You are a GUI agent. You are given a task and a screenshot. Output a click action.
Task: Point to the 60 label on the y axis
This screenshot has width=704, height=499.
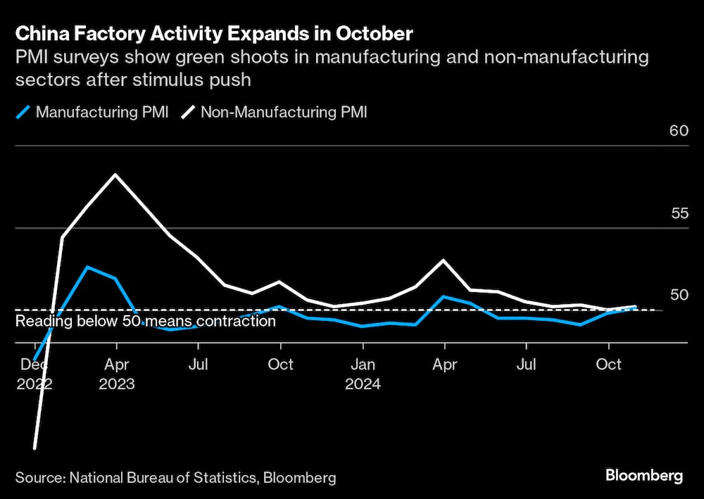[678, 131]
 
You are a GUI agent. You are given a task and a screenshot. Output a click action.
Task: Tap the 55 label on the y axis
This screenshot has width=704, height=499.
[678, 213]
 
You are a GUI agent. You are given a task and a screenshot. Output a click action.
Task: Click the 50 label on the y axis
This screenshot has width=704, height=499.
[678, 295]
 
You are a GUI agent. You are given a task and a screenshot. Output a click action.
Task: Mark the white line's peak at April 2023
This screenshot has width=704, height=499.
[115, 175]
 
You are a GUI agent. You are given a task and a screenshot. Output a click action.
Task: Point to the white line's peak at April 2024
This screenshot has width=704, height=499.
[444, 260]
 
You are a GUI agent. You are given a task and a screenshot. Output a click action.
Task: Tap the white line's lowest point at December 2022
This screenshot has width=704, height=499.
[34, 448]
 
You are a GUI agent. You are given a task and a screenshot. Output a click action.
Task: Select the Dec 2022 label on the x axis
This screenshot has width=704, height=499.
[34, 374]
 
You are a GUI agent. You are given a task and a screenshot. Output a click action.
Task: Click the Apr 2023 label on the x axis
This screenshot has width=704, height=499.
[116, 374]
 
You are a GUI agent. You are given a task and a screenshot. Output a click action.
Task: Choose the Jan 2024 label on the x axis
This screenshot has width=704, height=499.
[363, 374]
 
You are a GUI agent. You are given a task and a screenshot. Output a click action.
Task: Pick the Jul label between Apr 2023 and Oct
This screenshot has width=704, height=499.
[198, 365]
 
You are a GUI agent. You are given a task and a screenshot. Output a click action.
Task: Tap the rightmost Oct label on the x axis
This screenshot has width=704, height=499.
[608, 365]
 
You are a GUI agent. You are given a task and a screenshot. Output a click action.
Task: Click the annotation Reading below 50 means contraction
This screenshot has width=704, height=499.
[146, 322]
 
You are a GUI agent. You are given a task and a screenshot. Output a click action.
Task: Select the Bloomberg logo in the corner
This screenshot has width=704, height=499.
[644, 476]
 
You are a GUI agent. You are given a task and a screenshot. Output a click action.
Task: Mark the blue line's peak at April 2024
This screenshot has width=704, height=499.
[444, 296]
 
